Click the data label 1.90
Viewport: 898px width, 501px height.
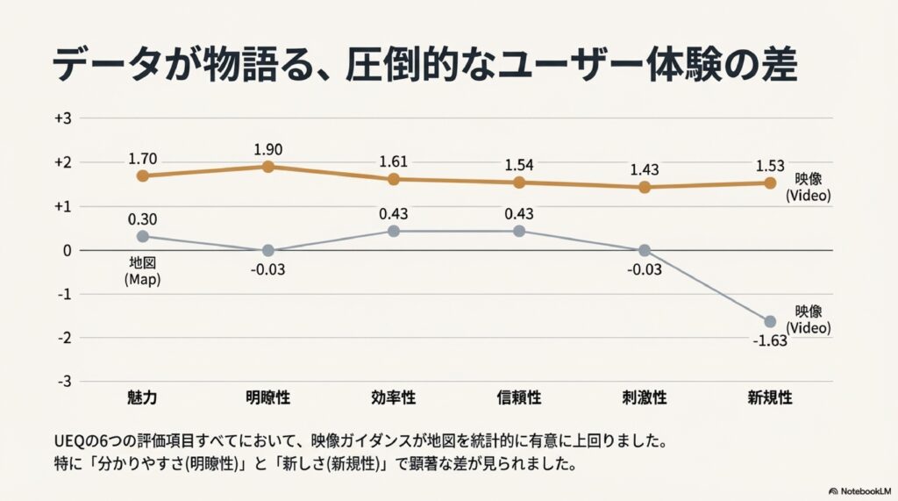click(x=268, y=149)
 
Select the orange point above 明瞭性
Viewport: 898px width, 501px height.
click(x=268, y=167)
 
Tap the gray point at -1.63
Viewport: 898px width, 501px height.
click(x=770, y=321)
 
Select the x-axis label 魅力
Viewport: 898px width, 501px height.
click(x=143, y=397)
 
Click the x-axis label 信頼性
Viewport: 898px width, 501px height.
click(x=519, y=397)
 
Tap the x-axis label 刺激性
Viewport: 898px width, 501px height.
click(x=645, y=397)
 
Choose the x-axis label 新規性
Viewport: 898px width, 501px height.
click(x=770, y=397)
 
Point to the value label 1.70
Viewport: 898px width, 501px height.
click(x=143, y=160)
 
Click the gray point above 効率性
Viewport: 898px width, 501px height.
click(x=394, y=231)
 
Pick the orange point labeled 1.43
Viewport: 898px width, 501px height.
click(x=645, y=187)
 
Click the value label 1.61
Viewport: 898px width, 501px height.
click(x=394, y=162)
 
